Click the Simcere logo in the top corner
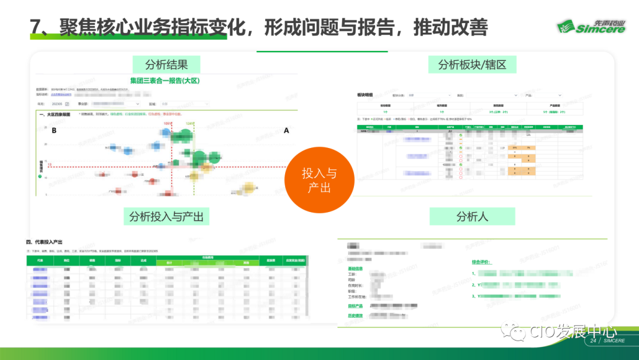point(590,27)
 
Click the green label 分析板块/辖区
point(472,65)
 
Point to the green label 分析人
point(472,216)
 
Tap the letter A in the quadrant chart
point(286,131)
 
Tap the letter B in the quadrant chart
point(54,131)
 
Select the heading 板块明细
point(366,95)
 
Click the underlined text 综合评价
point(486,261)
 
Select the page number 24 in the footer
point(593,342)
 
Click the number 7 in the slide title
point(36,27)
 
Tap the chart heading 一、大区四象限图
point(55,114)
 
